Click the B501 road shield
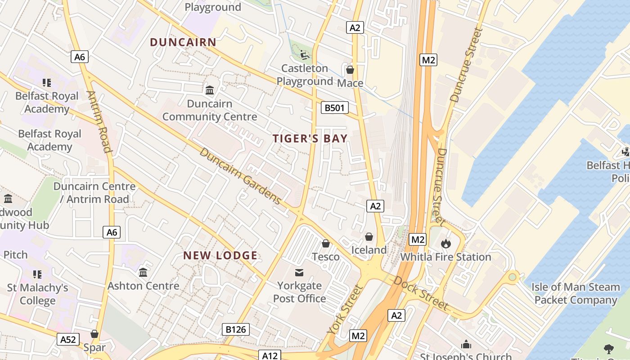pyautogui.click(x=335, y=108)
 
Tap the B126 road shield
pyautogui.click(x=236, y=329)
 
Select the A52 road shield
pyautogui.click(x=68, y=339)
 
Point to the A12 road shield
pyautogui.click(x=270, y=355)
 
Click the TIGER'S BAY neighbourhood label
pyautogui.click(x=310, y=139)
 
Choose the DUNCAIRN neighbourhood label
pyautogui.click(x=183, y=42)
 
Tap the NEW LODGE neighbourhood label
pyautogui.click(x=220, y=256)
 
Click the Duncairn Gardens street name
pyautogui.click(x=240, y=175)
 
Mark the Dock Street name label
pyautogui.click(x=421, y=293)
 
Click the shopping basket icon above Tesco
pyautogui.click(x=326, y=243)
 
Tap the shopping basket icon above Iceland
pyautogui.click(x=369, y=236)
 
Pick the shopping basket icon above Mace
pyautogui.click(x=350, y=70)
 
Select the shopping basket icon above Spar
pyautogui.click(x=94, y=333)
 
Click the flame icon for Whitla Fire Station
pyautogui.click(x=445, y=243)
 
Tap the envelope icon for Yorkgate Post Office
pyautogui.click(x=299, y=272)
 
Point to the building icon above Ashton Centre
pyautogui.click(x=143, y=272)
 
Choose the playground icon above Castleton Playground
pyautogui.click(x=305, y=55)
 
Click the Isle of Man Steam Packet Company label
pyautogui.click(x=576, y=293)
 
